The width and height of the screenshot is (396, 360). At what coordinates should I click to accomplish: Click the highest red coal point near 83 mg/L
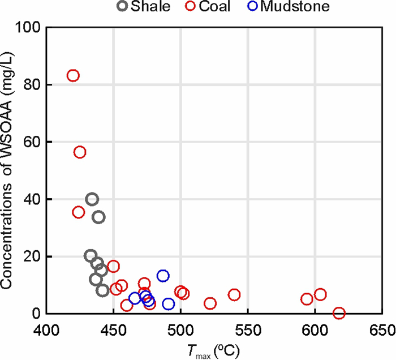pyautogui.click(x=73, y=76)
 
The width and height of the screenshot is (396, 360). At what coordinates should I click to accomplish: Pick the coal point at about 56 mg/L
pyautogui.click(x=80, y=152)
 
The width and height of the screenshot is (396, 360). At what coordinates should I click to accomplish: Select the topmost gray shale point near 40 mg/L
pyautogui.click(x=92, y=199)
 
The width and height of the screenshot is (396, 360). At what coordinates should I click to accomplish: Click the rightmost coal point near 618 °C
pyautogui.click(x=339, y=313)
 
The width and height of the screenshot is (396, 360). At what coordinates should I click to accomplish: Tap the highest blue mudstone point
pyautogui.click(x=163, y=276)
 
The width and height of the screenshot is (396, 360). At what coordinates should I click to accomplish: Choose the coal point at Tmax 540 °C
pyautogui.click(x=234, y=295)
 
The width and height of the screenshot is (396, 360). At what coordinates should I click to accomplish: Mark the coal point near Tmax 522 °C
pyautogui.click(x=210, y=303)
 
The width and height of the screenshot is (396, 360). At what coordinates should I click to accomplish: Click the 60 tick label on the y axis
pyautogui.click(x=32, y=142)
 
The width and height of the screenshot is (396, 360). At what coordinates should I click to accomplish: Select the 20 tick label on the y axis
pyautogui.click(x=32, y=256)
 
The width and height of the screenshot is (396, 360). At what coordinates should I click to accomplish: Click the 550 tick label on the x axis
pyautogui.click(x=248, y=329)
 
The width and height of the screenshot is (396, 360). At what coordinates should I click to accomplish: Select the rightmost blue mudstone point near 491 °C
pyautogui.click(x=169, y=304)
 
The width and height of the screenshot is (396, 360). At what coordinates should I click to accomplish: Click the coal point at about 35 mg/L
pyautogui.click(x=79, y=212)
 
